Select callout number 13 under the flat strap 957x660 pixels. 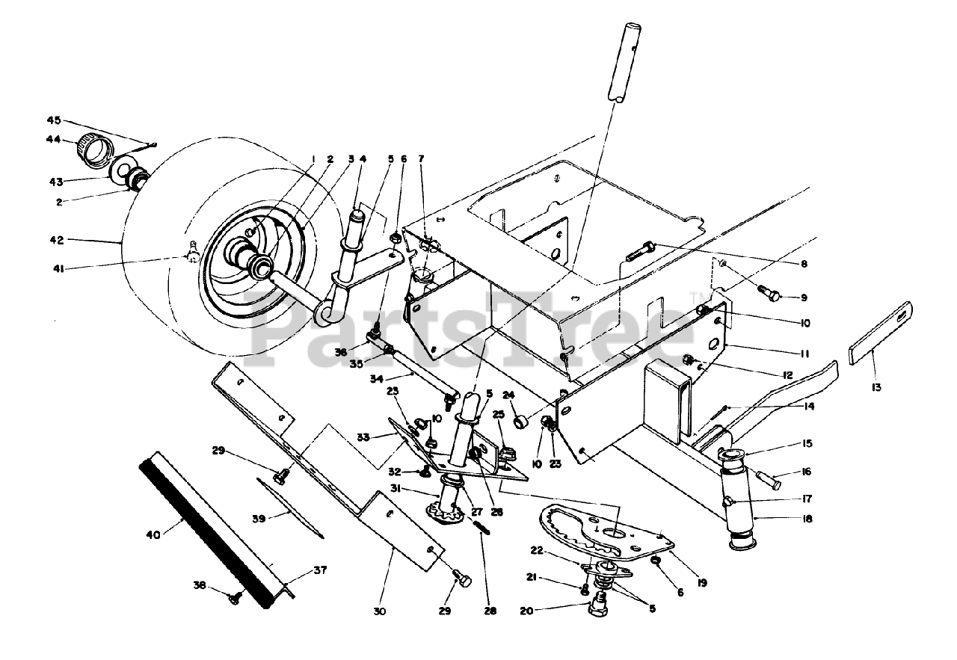click(x=876, y=387)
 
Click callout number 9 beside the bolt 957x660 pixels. click(x=803, y=297)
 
